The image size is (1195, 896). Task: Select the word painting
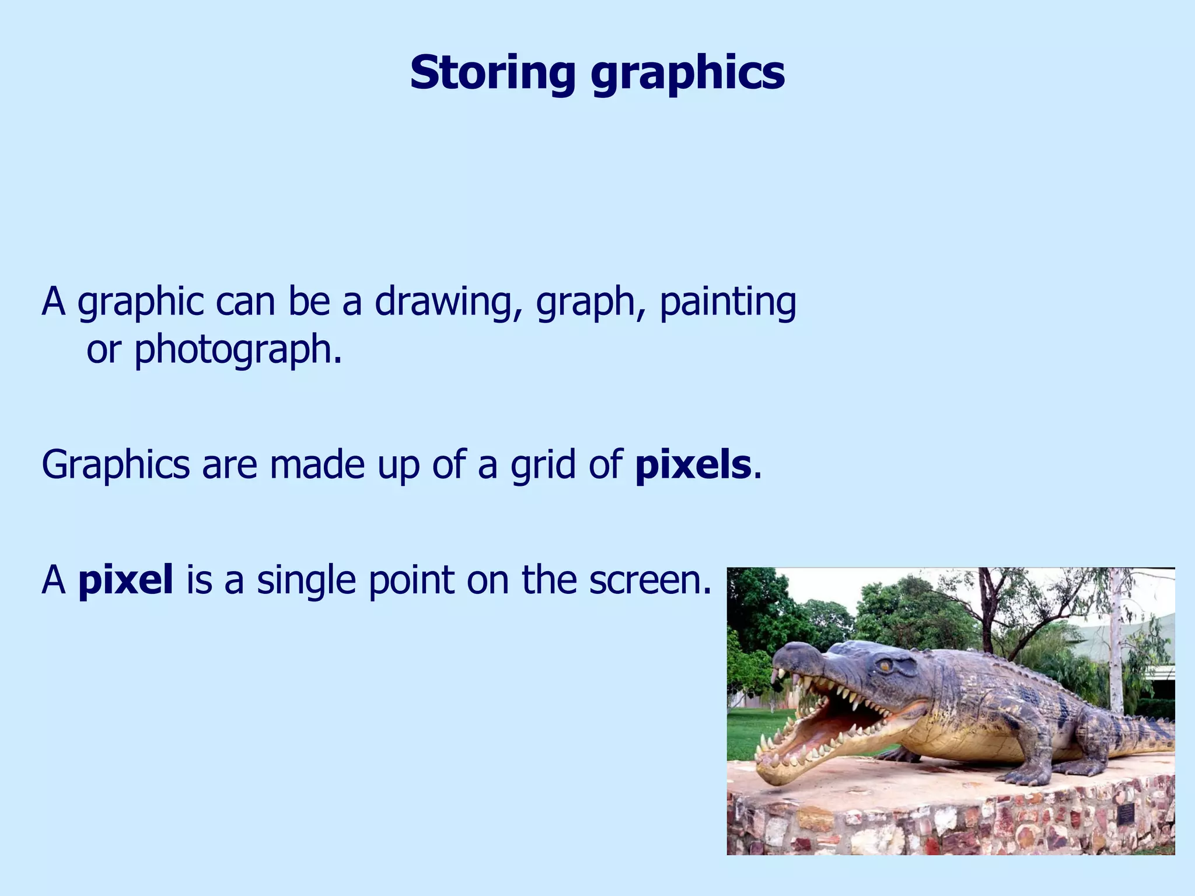[728, 303]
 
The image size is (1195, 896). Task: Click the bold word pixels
[693, 466]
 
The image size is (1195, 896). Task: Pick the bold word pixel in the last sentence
[125, 581]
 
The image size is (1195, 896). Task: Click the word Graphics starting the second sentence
[116, 466]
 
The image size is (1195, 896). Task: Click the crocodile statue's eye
[885, 665]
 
